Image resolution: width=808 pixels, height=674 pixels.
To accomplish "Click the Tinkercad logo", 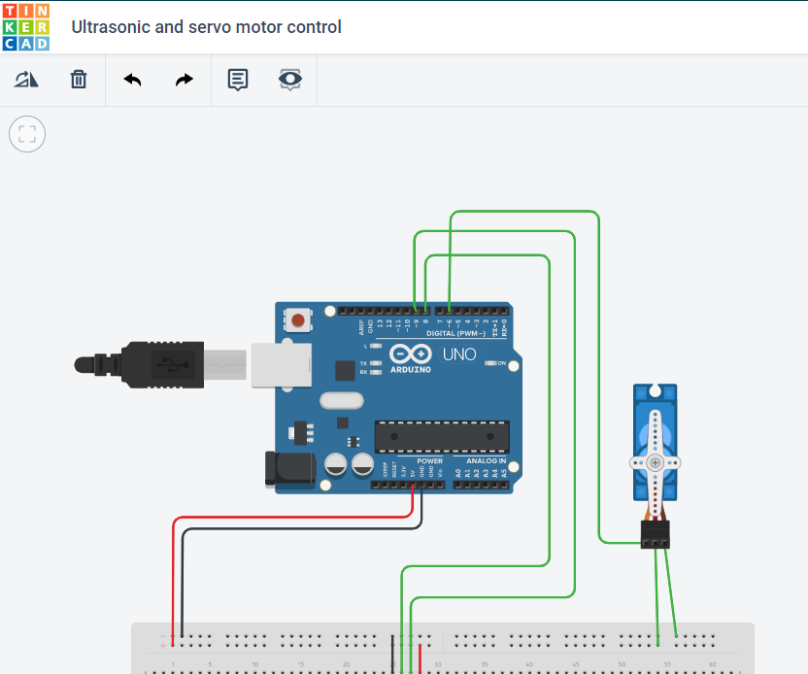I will (26, 27).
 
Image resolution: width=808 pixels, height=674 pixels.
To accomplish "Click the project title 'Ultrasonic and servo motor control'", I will (207, 27).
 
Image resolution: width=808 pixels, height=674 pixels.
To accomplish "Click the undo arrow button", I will (133, 80).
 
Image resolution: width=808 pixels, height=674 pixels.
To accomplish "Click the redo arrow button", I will (184, 80).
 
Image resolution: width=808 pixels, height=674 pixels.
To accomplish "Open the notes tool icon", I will (238, 80).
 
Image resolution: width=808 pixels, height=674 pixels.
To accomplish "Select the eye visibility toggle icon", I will (289, 80).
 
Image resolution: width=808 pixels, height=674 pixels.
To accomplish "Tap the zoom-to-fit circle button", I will (27, 134).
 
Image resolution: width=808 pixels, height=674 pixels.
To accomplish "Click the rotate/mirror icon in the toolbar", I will (26, 80).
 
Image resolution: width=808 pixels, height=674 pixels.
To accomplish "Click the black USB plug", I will (146, 365).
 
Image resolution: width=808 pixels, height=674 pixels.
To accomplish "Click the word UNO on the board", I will (459, 354).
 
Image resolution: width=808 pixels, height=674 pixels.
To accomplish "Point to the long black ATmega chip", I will (442, 437).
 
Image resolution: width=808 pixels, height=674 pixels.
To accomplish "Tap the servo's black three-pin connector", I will (655, 534).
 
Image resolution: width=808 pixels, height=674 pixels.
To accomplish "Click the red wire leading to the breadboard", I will (174, 573).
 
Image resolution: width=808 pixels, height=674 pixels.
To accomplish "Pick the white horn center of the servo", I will (656, 462).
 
